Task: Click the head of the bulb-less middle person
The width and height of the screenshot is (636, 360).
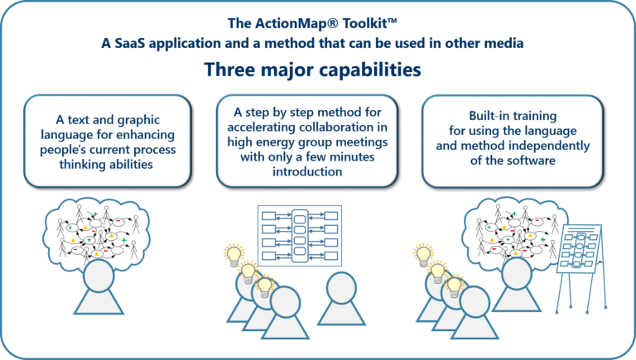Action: click(343, 286)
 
